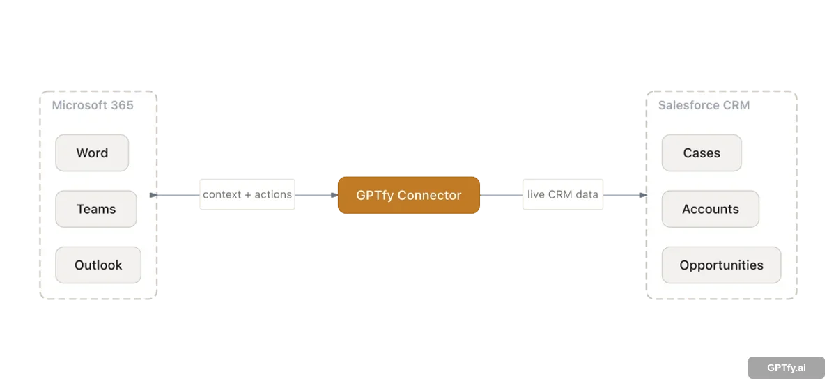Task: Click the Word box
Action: (x=92, y=153)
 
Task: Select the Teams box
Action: (x=96, y=209)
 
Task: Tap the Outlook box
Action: (x=98, y=265)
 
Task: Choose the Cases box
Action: (x=702, y=153)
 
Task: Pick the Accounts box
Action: (x=710, y=209)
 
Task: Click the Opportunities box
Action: (x=721, y=265)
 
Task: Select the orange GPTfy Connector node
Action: (x=409, y=195)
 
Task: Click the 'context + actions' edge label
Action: (x=247, y=195)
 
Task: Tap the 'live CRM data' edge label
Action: (x=562, y=195)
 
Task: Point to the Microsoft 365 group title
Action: (x=93, y=106)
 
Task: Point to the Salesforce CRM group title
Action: (x=704, y=106)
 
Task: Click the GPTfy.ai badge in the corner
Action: (x=786, y=368)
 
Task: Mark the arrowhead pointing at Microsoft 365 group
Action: (x=154, y=195)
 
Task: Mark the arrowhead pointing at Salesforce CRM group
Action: (x=642, y=195)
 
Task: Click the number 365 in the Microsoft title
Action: (x=121, y=106)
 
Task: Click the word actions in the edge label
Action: (x=273, y=195)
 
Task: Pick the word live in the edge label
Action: (x=536, y=195)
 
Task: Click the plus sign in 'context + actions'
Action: (x=248, y=195)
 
